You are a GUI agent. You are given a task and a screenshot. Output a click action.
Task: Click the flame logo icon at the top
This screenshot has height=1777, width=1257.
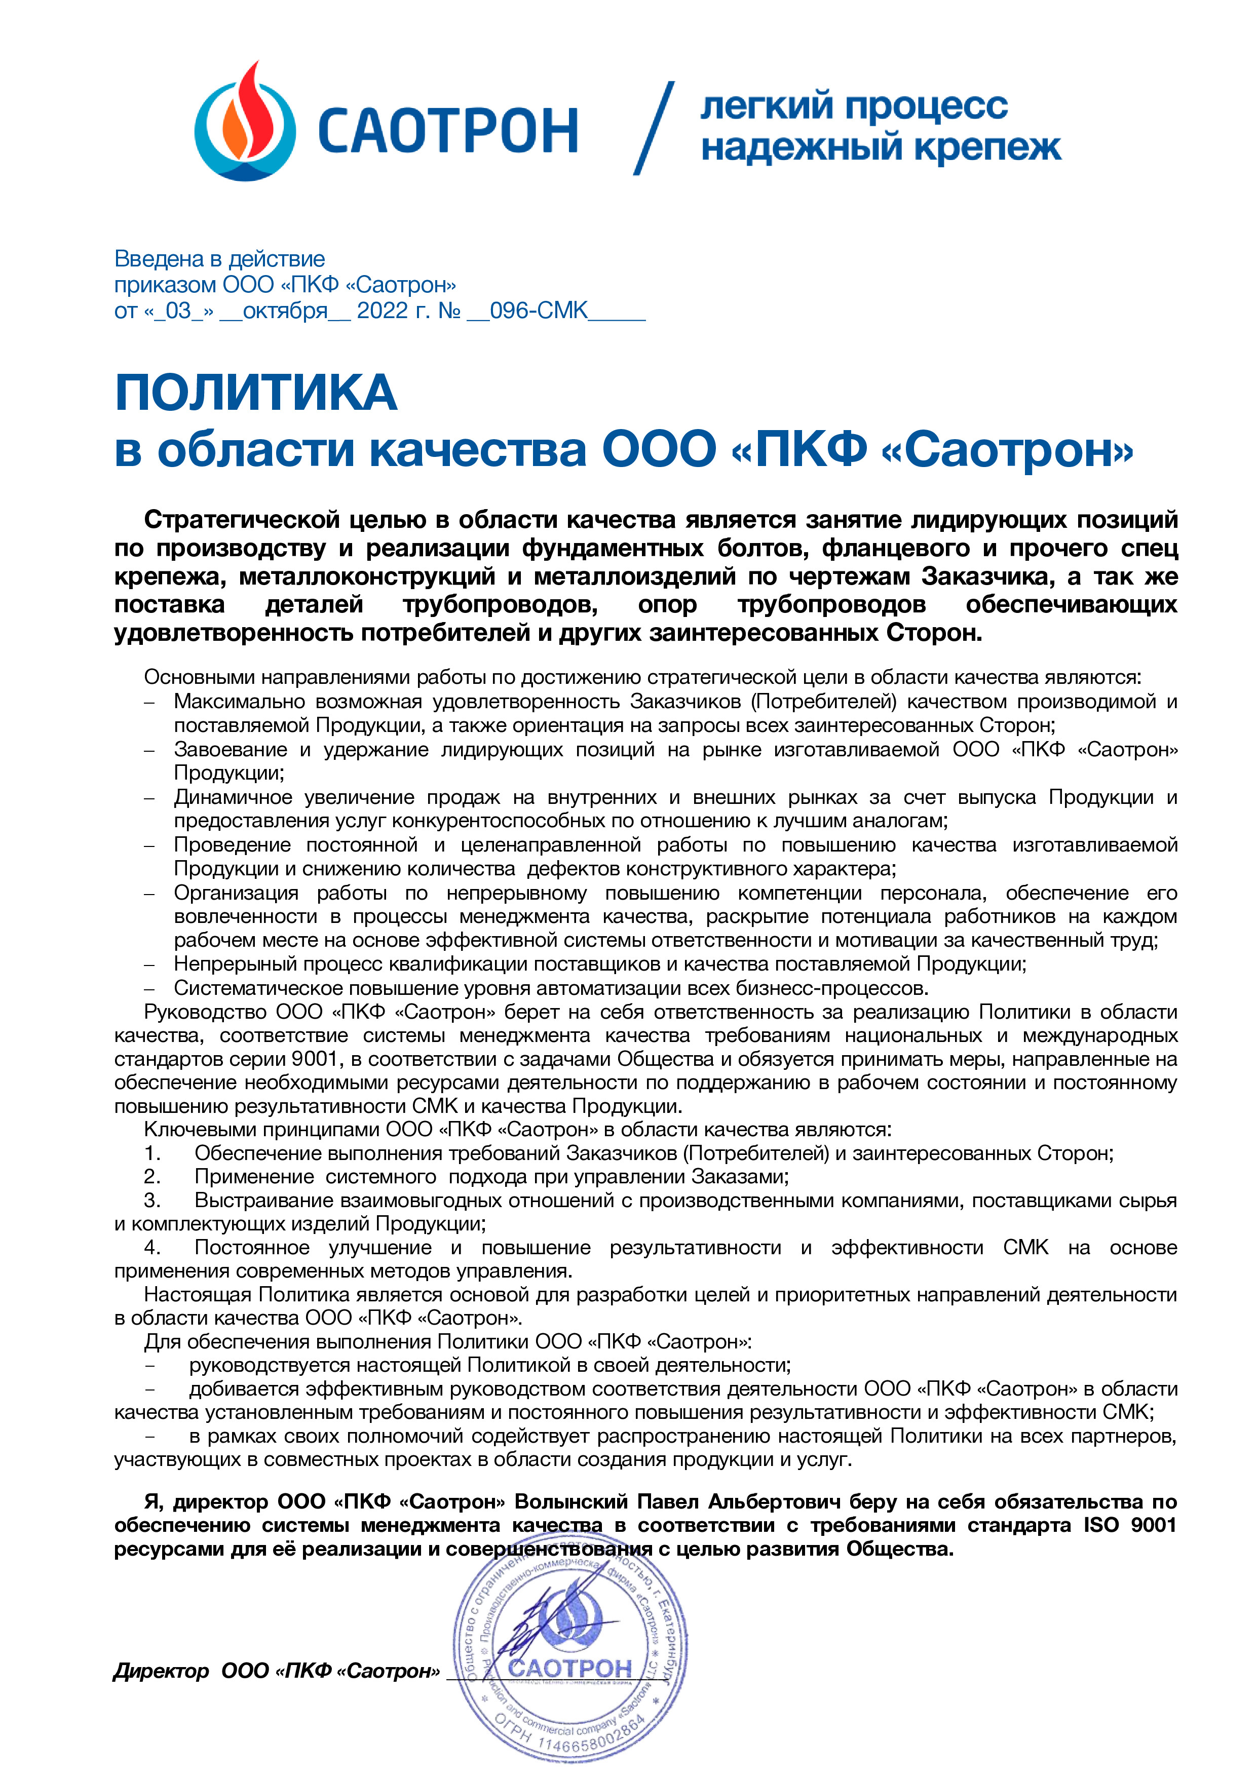(245, 124)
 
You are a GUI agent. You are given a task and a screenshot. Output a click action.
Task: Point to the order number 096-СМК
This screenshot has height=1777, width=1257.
(539, 311)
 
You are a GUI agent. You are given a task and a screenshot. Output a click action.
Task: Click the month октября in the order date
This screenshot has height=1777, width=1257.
(285, 311)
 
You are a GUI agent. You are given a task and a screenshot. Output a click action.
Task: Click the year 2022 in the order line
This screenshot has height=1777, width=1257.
(382, 311)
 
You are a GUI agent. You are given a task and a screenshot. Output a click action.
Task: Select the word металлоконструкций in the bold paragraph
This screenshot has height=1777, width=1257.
(367, 576)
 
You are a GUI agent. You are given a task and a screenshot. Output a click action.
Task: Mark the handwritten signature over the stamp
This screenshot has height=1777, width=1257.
(542, 1633)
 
